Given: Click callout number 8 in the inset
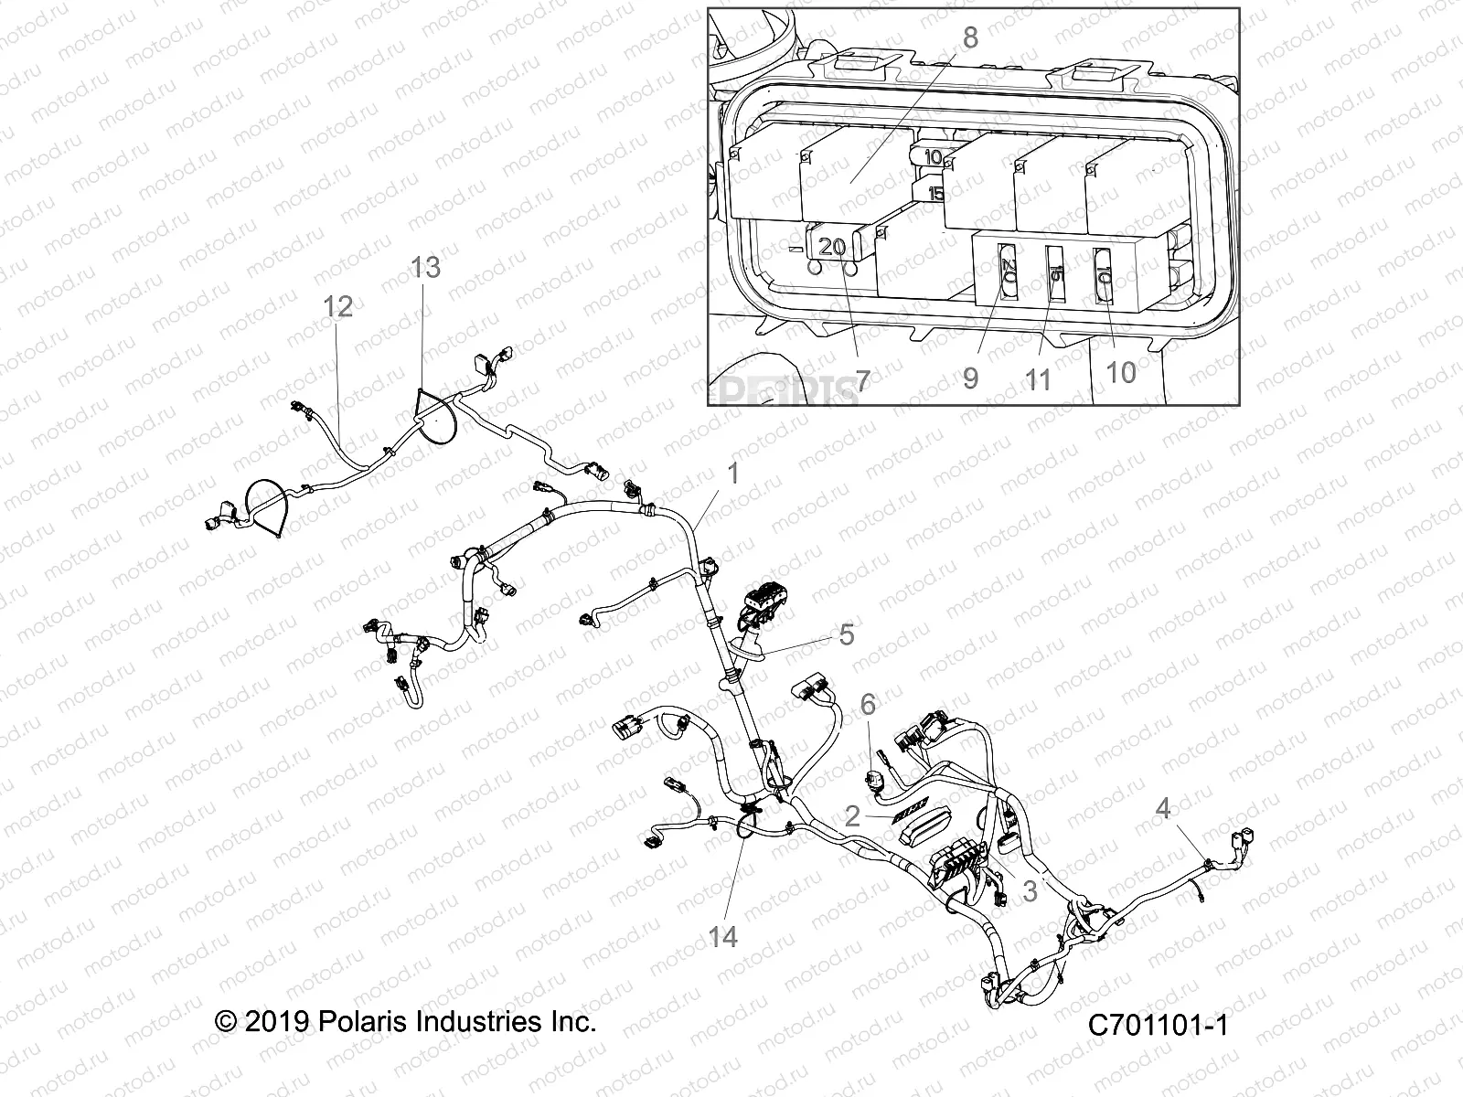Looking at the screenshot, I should [x=970, y=37].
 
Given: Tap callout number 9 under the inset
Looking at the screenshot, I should [x=970, y=378].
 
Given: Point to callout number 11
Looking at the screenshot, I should [x=1039, y=379].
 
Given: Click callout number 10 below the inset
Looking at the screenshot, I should [x=1121, y=371].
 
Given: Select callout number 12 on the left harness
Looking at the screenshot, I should [x=338, y=306].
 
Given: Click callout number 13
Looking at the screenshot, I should [x=425, y=267].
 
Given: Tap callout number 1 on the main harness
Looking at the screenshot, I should [x=731, y=473].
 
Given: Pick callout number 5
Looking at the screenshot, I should [x=847, y=634].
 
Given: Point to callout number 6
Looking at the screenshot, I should [x=868, y=704].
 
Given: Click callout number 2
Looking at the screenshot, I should [x=852, y=816].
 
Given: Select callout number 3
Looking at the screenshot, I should [x=1030, y=890].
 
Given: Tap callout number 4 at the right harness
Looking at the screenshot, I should [x=1163, y=808].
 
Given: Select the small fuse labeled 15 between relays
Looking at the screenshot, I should [x=935, y=193].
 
